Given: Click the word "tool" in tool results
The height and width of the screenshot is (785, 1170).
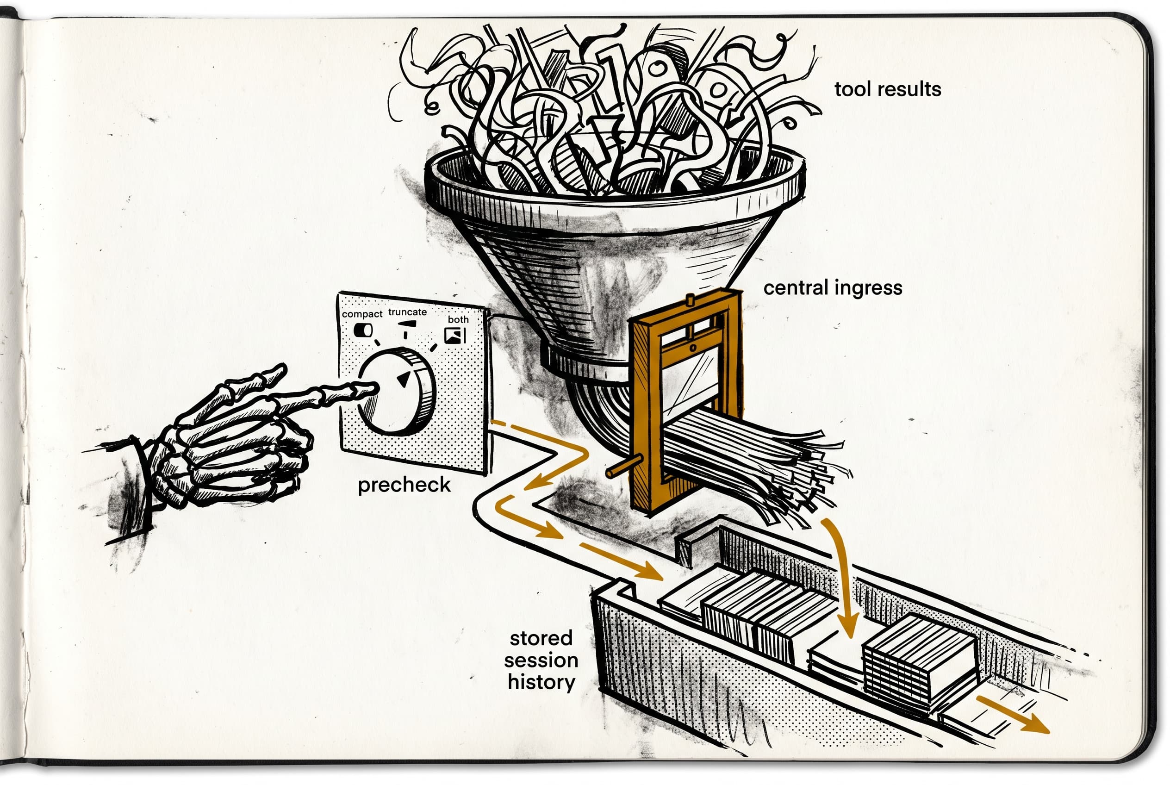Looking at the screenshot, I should (850, 89).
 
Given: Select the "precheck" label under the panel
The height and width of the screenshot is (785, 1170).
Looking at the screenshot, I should (404, 485).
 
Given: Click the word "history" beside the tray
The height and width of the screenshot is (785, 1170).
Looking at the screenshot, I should (541, 682).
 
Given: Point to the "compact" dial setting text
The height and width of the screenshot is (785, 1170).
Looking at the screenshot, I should (361, 314).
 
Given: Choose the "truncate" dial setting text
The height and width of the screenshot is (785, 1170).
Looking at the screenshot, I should (408, 312).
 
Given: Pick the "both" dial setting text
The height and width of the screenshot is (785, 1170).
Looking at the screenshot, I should (458, 319).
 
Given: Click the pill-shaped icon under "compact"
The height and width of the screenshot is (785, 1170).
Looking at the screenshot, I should (363, 330).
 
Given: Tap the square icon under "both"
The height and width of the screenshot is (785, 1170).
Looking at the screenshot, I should (454, 335).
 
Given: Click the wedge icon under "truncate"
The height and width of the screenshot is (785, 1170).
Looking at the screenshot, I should (406, 325).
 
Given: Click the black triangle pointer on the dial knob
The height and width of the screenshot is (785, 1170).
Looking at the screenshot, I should (404, 379).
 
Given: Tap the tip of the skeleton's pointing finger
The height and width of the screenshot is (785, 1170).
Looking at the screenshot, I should (373, 387).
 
